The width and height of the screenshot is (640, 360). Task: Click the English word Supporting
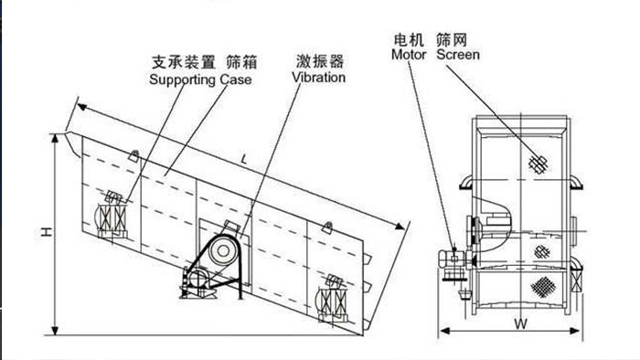183,79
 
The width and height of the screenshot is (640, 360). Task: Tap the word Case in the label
236,79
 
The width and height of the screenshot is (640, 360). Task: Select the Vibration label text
318,77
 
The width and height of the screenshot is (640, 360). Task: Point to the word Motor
409,54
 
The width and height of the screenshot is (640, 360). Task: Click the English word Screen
458,54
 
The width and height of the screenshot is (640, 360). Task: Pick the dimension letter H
48,232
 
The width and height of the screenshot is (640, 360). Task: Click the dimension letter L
244,159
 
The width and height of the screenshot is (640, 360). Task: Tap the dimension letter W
520,324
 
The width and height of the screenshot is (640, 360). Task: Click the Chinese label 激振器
320,61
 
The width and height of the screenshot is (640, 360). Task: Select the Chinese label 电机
409,40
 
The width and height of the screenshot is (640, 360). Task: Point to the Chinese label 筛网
452,40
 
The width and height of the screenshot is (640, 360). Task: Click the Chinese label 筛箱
241,62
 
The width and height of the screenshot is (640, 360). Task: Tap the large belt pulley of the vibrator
223,251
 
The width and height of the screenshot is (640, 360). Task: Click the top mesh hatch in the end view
539,164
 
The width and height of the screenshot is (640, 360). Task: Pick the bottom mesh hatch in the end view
543,287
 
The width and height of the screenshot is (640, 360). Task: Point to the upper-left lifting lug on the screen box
133,155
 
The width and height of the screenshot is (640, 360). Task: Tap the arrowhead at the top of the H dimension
55,139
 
